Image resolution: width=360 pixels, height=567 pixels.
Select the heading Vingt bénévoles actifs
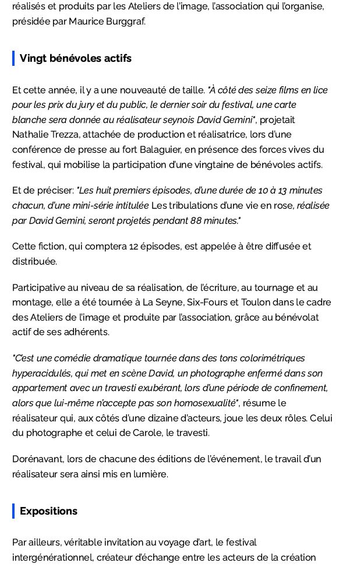pos(76,58)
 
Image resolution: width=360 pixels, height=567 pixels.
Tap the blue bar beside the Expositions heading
pos(13,511)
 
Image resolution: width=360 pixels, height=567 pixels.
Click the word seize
pos(261,90)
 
